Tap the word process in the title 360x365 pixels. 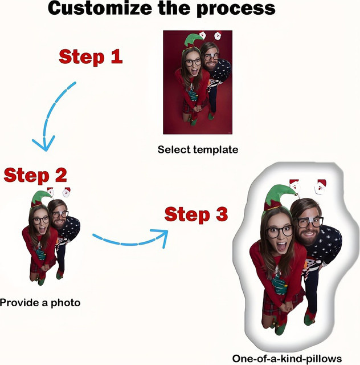(236, 9)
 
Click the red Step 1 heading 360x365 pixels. (91, 57)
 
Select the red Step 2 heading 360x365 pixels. (35, 175)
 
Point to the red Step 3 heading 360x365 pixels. (196, 214)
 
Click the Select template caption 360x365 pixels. (198, 149)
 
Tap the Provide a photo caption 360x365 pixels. (40, 303)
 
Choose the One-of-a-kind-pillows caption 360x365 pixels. (287, 359)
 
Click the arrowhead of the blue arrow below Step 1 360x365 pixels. (45, 143)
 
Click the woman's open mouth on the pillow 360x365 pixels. (281, 247)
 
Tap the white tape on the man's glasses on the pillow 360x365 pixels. (309, 218)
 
